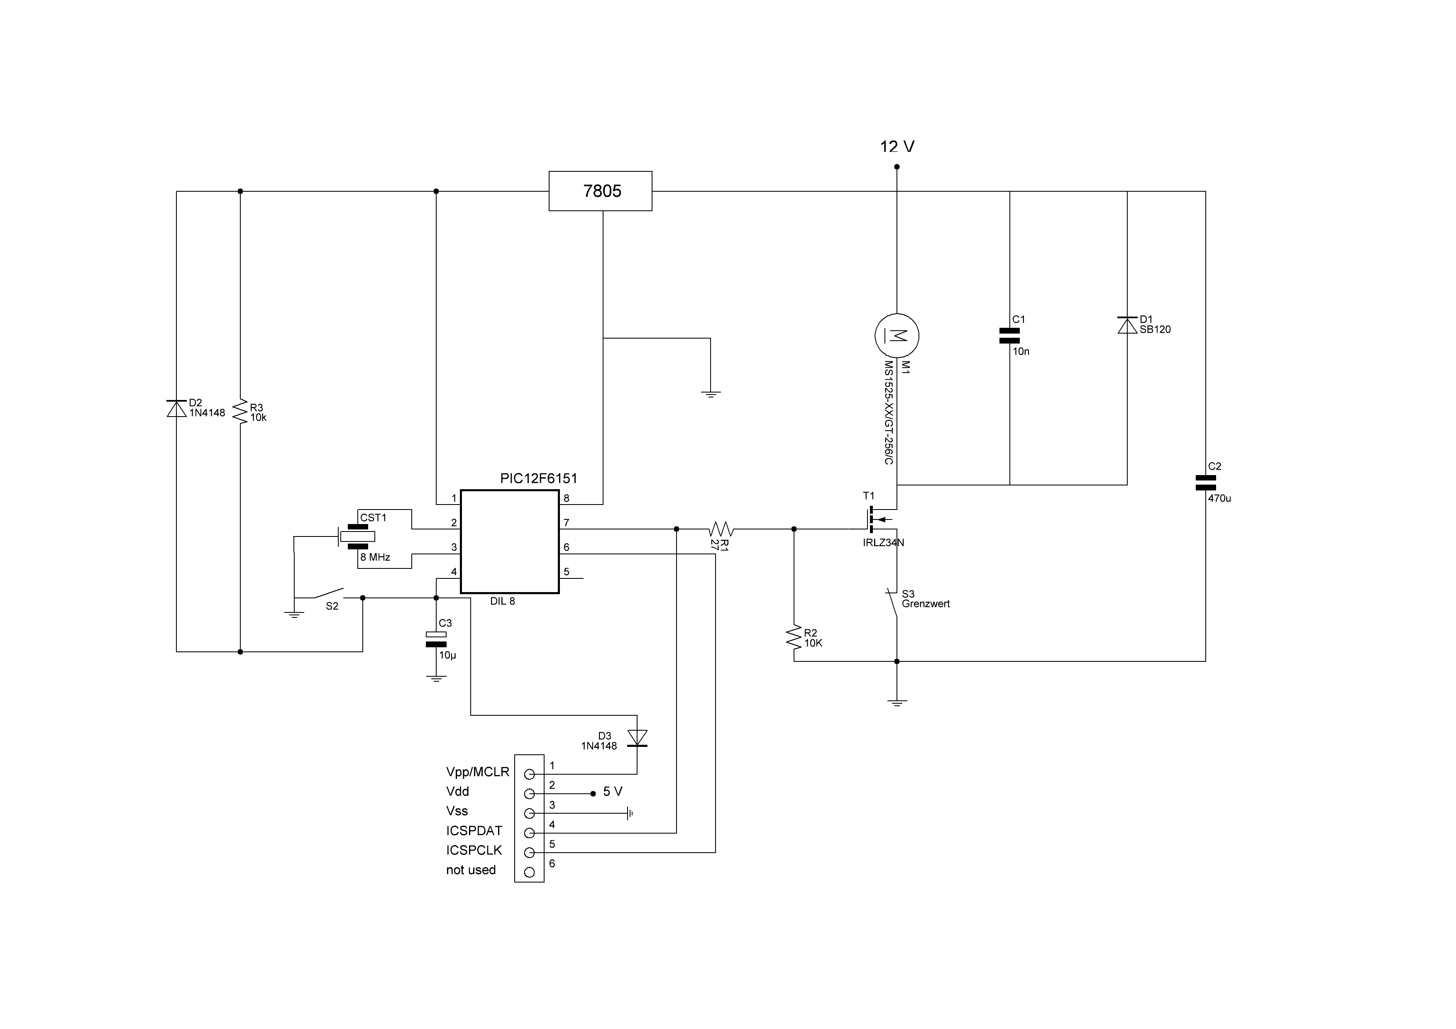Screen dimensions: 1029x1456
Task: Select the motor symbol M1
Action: (897, 335)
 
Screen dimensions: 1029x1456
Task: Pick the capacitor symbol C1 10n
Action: (1009, 335)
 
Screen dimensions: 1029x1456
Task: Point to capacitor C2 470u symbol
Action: (1205, 483)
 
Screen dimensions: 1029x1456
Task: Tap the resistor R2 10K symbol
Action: (794, 637)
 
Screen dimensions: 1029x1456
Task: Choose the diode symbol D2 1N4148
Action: (176, 409)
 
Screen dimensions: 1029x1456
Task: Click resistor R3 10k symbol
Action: (240, 412)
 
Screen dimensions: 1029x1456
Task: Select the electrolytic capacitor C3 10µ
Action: (436, 639)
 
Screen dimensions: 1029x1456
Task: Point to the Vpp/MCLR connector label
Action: (477, 772)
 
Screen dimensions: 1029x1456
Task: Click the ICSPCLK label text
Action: (474, 850)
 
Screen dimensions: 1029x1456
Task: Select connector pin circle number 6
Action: (530, 872)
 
